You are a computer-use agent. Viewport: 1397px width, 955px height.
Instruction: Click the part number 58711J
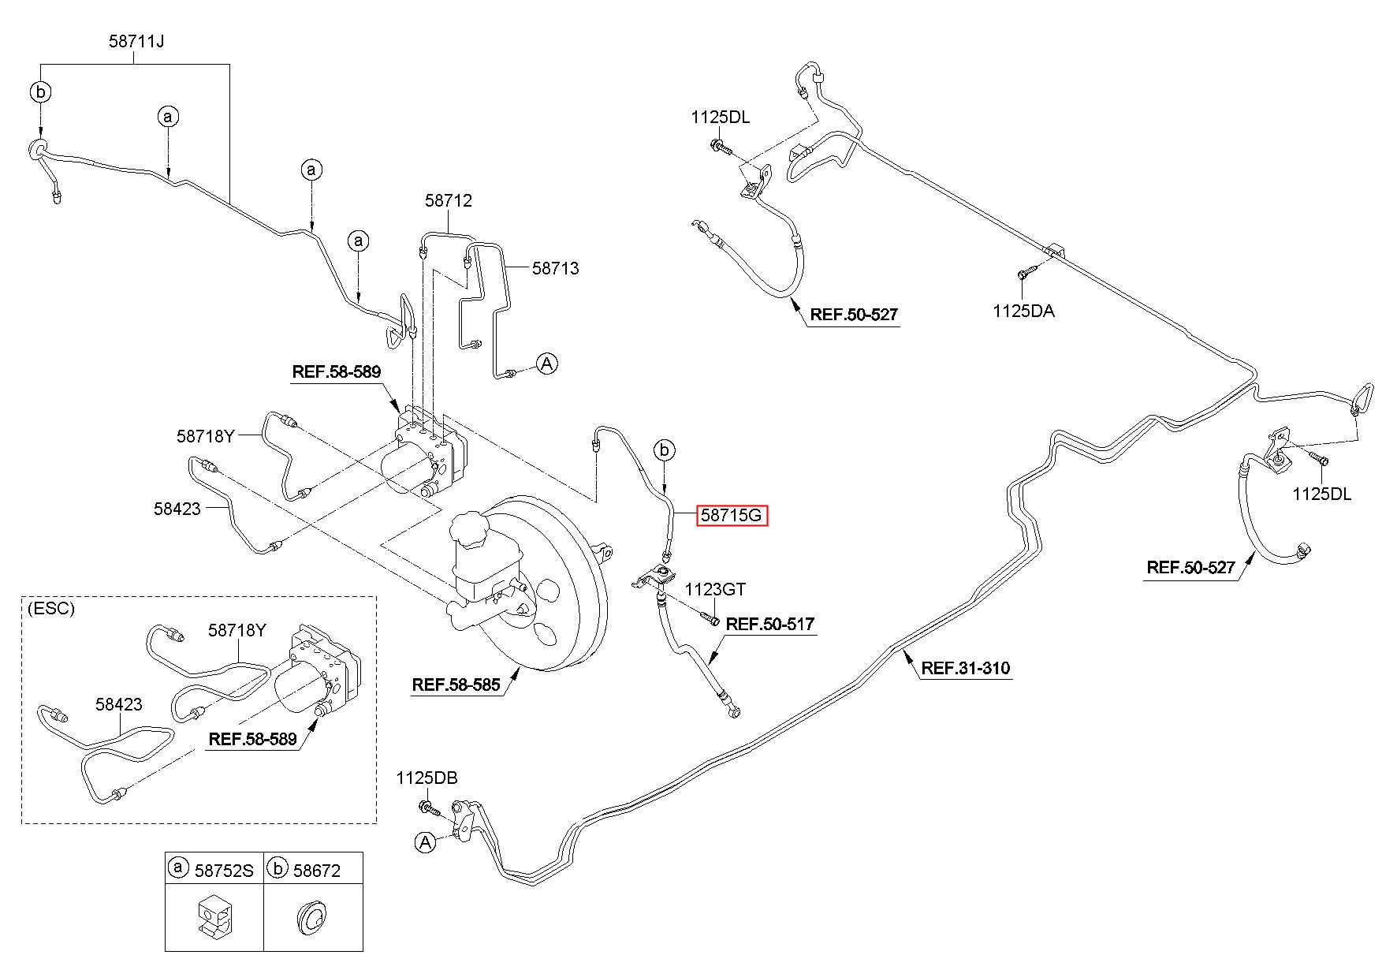[136, 41]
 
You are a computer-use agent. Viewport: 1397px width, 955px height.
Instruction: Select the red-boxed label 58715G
[732, 516]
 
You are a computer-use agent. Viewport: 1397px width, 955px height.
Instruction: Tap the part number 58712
[448, 200]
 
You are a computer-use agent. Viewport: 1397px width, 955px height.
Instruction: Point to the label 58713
[555, 268]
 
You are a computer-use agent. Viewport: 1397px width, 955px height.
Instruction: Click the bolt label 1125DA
[1023, 311]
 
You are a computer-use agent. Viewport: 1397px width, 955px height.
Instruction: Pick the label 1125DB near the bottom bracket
[427, 778]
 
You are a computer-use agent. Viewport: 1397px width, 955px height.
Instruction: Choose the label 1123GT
[714, 589]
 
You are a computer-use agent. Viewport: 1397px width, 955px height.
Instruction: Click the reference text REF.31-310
[966, 669]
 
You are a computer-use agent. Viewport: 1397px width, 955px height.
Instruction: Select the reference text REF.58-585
[456, 685]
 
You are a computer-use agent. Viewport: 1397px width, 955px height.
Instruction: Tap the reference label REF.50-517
[770, 624]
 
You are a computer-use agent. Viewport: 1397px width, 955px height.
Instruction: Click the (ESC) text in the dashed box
[50, 608]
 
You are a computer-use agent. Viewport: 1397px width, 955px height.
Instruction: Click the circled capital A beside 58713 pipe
[546, 363]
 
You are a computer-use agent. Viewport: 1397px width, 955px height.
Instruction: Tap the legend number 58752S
[224, 870]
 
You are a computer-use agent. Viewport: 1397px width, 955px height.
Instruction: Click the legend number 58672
[317, 870]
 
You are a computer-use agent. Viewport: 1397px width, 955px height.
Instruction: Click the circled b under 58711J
[40, 92]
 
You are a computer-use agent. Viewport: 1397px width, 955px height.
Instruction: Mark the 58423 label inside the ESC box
[119, 704]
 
